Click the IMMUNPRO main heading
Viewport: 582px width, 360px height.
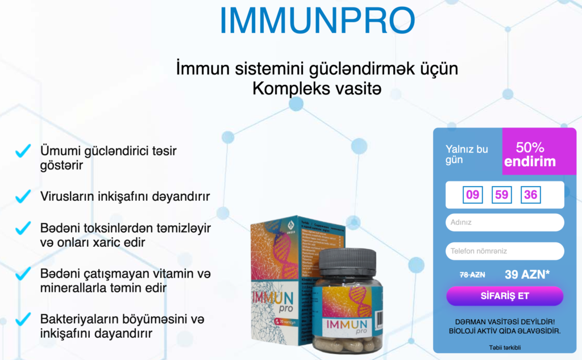click(x=317, y=20)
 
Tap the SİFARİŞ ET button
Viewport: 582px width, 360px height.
click(x=505, y=296)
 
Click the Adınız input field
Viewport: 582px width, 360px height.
click(x=505, y=222)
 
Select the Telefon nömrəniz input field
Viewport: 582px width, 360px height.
click(x=505, y=251)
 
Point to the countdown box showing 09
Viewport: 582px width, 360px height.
click(x=472, y=195)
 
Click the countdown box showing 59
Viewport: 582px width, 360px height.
click(x=501, y=195)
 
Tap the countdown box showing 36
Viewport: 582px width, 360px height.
click(x=530, y=195)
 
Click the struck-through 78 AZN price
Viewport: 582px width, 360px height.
click(x=472, y=274)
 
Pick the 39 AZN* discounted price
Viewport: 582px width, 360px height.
click(x=527, y=274)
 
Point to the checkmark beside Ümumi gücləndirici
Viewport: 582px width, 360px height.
click(x=23, y=151)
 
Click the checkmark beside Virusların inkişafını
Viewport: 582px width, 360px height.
click(x=23, y=197)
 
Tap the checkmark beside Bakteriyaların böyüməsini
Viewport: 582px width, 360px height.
click(x=23, y=318)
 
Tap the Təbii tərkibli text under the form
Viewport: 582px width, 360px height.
click(x=505, y=347)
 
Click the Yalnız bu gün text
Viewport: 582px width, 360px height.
click(x=467, y=155)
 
